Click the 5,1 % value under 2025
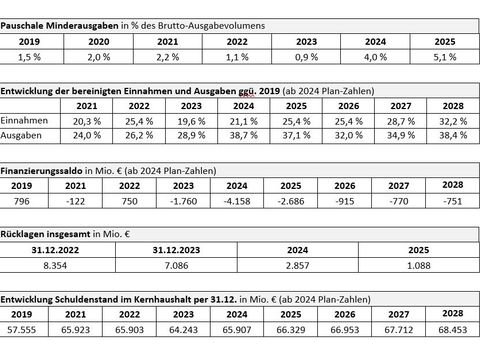click(445, 57)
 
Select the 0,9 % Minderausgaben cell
click(306, 57)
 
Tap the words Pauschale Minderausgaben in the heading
click(59, 26)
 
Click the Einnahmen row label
click(24, 120)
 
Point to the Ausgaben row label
click(21, 135)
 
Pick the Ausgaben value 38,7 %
click(244, 135)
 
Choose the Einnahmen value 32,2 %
click(453, 121)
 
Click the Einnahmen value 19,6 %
click(191, 121)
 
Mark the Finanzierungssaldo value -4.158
click(237, 201)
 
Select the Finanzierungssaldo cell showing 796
click(22, 201)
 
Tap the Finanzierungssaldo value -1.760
click(183, 201)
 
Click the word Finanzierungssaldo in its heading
click(41, 171)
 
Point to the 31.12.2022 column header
click(55, 250)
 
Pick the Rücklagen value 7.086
click(176, 266)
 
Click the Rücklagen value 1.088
click(419, 266)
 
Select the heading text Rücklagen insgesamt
click(45, 234)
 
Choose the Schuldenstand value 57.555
click(22, 330)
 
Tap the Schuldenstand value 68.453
click(453, 330)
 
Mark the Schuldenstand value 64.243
click(183, 330)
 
